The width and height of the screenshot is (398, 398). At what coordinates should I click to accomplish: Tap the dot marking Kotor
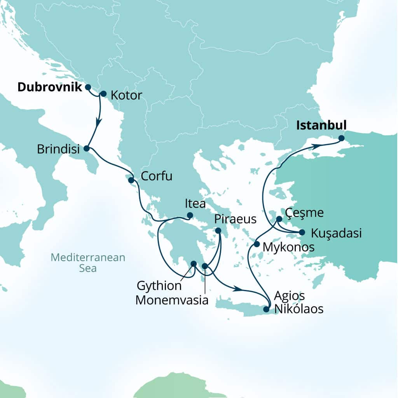pyautogui.click(x=103, y=94)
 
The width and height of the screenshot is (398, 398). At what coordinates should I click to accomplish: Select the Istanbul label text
pyautogui.click(x=321, y=125)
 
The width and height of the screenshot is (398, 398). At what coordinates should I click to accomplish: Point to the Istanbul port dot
pyautogui.click(x=341, y=138)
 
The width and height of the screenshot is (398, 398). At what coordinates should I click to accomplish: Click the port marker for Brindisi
pyautogui.click(x=86, y=148)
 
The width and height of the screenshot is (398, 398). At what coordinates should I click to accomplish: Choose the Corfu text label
pyautogui.click(x=157, y=176)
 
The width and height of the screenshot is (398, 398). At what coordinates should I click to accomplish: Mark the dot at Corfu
pyautogui.click(x=131, y=180)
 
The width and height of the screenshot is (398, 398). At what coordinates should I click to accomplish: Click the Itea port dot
pyautogui.click(x=190, y=215)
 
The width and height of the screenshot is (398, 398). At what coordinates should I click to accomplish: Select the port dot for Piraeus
pyautogui.click(x=218, y=231)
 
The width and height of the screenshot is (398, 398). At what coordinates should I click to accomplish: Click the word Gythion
pyautogui.click(x=159, y=286)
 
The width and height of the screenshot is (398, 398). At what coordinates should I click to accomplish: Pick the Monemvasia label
pyautogui.click(x=172, y=300)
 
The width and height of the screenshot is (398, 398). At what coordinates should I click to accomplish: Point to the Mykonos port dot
pyautogui.click(x=257, y=244)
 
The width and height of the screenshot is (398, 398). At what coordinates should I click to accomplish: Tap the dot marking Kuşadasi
pyautogui.click(x=302, y=232)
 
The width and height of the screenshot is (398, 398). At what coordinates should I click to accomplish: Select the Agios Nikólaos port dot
pyautogui.click(x=266, y=309)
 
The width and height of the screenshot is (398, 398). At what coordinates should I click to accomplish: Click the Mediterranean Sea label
pyautogui.click(x=88, y=263)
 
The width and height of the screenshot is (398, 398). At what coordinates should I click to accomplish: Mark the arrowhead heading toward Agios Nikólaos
pyautogui.click(x=237, y=289)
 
